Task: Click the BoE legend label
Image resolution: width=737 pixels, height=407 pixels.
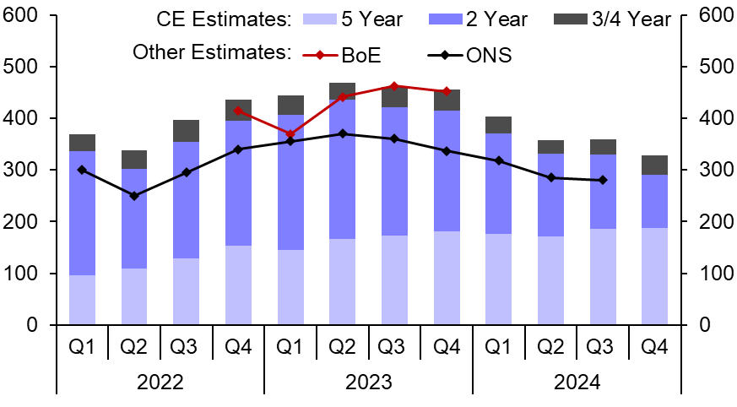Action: tap(362, 55)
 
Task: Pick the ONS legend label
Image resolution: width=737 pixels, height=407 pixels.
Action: tap(489, 55)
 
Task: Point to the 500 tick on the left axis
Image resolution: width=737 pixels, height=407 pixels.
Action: tap(26, 67)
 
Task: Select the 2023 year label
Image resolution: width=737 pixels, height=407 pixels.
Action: tap(368, 382)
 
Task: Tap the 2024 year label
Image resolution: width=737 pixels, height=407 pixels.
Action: tap(577, 382)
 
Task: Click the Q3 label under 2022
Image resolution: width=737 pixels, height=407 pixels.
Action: tap(186, 346)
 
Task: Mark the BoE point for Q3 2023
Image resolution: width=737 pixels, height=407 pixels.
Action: tap(394, 86)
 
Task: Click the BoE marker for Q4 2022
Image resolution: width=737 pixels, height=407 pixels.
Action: tap(238, 111)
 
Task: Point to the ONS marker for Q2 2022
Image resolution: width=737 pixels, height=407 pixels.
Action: tap(134, 196)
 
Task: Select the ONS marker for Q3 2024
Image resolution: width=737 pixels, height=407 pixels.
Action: tap(602, 180)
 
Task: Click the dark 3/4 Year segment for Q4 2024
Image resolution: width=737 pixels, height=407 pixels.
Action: tap(654, 166)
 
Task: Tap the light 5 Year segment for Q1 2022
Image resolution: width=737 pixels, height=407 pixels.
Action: tap(82, 300)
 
